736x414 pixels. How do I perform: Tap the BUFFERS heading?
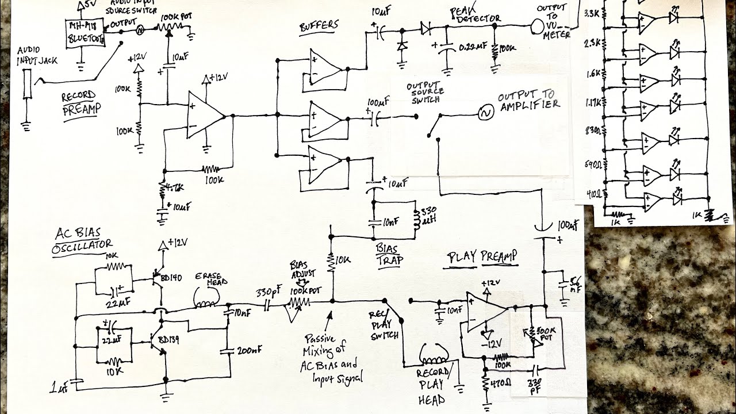tap(319, 26)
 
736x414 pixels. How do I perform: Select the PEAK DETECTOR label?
tap(478, 15)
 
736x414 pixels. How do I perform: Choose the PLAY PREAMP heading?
tap(482, 256)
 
